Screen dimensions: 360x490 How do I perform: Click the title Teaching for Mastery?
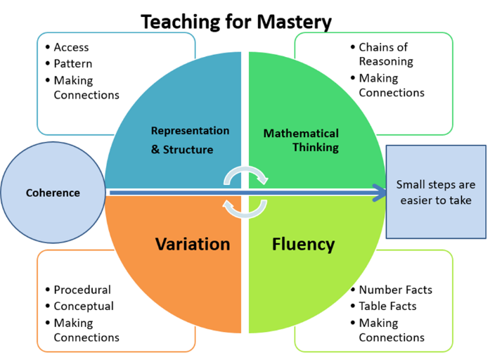(236, 21)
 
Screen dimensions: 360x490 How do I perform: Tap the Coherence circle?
(53, 193)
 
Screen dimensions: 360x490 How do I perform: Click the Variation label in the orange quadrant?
(193, 244)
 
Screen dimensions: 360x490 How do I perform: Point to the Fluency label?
(303, 244)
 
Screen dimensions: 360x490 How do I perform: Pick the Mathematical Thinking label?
(301, 140)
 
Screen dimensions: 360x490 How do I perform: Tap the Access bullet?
(71, 47)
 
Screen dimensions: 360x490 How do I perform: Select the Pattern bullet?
(73, 63)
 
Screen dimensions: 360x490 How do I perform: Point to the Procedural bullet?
(82, 289)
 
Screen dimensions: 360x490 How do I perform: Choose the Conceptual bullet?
(83, 306)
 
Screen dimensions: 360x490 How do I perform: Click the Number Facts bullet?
(395, 289)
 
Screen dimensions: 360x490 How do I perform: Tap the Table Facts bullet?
(387, 306)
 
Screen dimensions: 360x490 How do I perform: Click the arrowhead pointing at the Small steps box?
(380, 193)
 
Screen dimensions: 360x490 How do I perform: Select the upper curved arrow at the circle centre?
(245, 175)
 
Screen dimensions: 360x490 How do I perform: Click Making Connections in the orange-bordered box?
(86, 330)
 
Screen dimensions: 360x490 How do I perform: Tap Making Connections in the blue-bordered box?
(86, 87)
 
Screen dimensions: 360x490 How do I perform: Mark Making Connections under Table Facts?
(391, 330)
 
